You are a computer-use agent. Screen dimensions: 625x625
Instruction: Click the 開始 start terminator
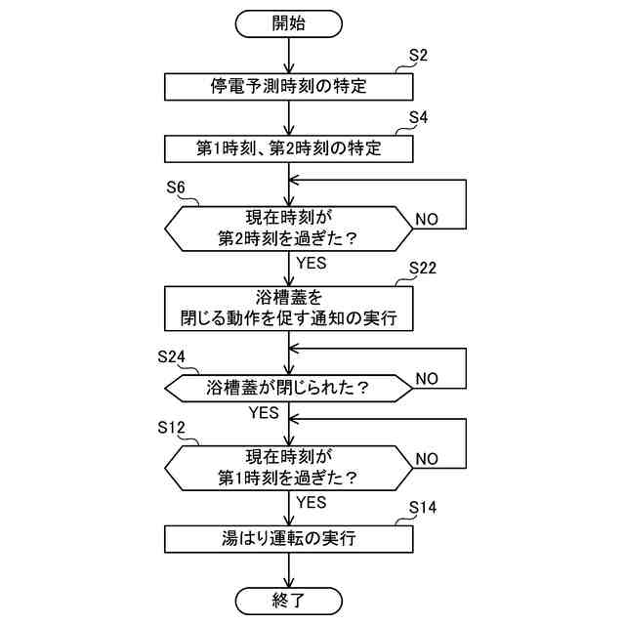tap(290, 22)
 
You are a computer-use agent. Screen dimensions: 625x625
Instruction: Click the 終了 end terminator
tap(290, 598)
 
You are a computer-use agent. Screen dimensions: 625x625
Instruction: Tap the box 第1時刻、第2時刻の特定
tap(290, 148)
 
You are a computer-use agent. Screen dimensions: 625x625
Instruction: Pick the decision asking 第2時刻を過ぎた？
tap(290, 229)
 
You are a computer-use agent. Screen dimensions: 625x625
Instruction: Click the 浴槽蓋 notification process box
tap(290, 309)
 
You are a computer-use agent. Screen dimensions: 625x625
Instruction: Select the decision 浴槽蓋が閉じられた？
tap(290, 388)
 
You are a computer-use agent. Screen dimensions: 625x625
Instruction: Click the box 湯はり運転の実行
tap(290, 538)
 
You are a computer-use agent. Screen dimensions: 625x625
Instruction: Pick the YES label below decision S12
tap(311, 503)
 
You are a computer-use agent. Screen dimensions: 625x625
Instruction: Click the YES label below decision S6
tap(311, 263)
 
